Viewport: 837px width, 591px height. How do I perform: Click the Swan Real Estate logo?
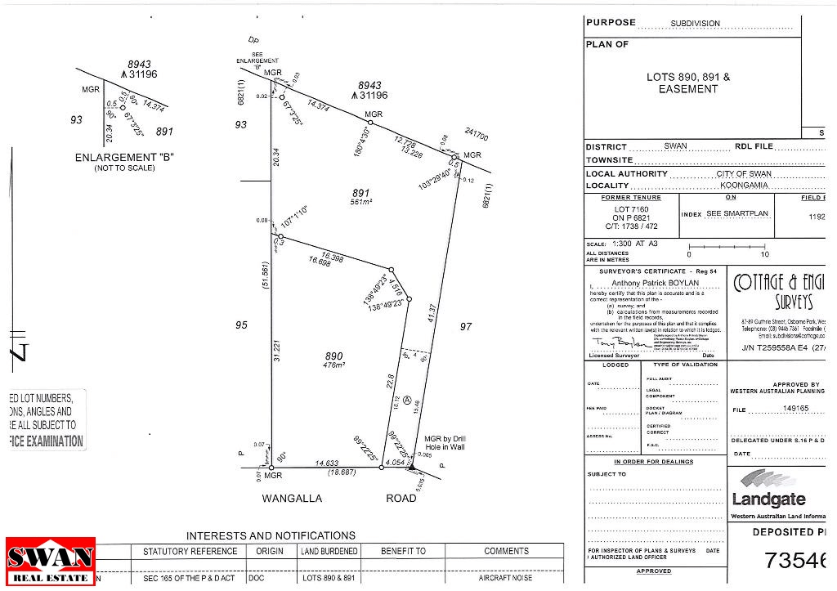[x=51, y=562]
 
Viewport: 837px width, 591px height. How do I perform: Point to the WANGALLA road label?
[x=292, y=498]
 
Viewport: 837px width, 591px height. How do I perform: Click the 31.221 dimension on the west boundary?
[x=278, y=351]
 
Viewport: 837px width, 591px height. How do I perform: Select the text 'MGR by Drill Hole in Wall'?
[x=445, y=444]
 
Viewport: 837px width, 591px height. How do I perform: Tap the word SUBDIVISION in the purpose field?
[x=696, y=24]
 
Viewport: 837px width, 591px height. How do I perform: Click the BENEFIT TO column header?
[x=403, y=551]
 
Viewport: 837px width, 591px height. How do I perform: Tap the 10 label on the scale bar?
[x=765, y=254]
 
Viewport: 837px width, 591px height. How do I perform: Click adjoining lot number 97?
[x=466, y=326]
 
